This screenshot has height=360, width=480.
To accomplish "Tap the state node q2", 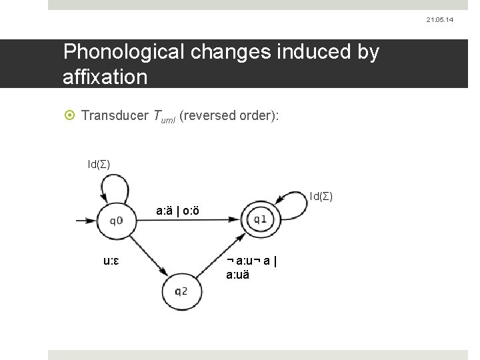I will click(x=181, y=290).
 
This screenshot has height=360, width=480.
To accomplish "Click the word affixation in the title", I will click(x=105, y=77).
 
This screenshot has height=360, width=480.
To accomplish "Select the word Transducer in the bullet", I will click(x=114, y=117).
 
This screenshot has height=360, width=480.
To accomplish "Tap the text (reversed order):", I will click(x=228, y=117).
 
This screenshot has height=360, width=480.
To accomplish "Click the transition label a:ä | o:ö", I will click(x=177, y=211).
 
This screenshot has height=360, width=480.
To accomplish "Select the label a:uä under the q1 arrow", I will click(x=238, y=273).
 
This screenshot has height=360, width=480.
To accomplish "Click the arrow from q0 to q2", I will click(x=144, y=253).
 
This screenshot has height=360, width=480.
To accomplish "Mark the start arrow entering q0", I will click(x=85, y=220).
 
